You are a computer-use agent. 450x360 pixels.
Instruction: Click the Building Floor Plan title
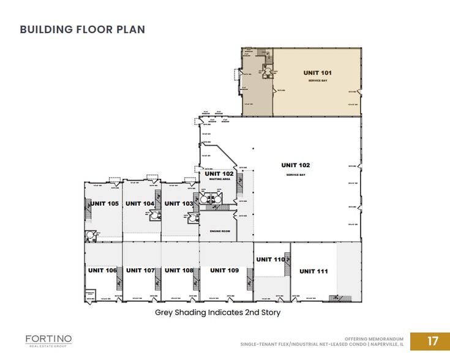point(83,29)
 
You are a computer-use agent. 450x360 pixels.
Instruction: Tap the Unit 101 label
point(317,73)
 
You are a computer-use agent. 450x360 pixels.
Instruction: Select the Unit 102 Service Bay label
point(296,165)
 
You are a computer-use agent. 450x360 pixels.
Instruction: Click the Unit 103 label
point(179,203)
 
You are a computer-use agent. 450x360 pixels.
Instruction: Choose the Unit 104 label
point(140,203)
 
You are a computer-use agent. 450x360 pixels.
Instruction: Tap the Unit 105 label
point(104,203)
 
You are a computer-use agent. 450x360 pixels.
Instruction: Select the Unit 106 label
point(102,270)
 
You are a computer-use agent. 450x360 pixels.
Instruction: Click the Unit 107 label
point(141,270)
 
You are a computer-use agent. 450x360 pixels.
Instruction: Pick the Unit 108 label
point(179,270)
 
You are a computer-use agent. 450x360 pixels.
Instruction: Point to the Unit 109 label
point(224,270)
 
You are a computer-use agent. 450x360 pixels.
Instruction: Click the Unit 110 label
point(271,260)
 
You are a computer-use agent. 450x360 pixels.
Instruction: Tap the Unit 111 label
point(313,271)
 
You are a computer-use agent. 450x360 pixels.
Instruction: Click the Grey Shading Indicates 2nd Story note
point(217,312)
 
